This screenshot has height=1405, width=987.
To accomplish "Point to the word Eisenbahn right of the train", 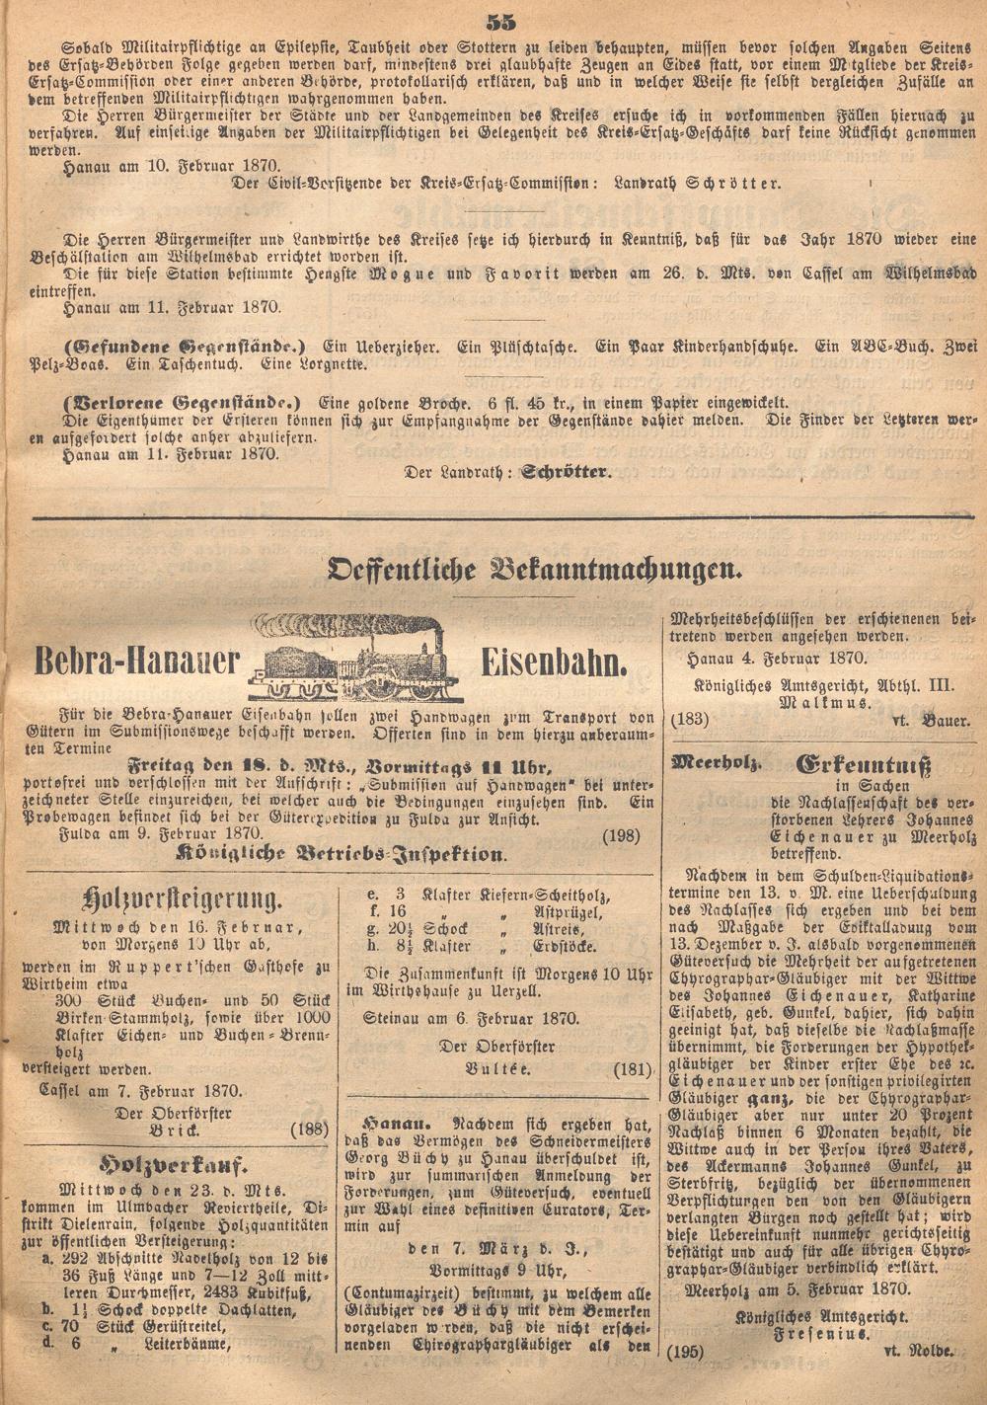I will (x=554, y=663).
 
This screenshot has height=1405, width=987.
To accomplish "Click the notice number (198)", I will (x=620, y=835).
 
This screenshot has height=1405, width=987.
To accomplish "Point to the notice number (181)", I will (x=633, y=1068).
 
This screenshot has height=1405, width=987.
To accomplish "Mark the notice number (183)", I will (x=690, y=721).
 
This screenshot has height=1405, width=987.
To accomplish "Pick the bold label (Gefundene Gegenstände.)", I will (x=185, y=347).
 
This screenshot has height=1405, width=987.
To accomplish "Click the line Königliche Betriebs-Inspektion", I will (x=340, y=855).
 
